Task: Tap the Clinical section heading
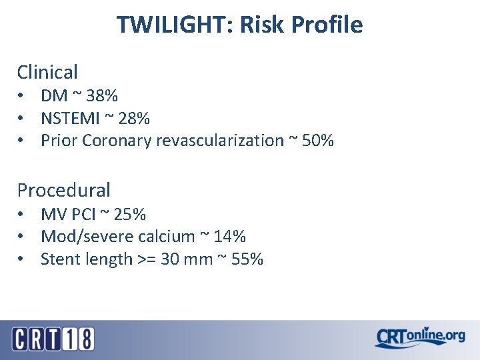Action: [47, 72]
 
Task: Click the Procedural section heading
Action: [63, 190]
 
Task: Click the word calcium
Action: [171, 237]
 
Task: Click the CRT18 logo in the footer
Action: [53, 339]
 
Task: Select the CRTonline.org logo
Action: [419, 337]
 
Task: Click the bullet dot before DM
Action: [22, 97]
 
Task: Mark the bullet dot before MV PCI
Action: [22, 215]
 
